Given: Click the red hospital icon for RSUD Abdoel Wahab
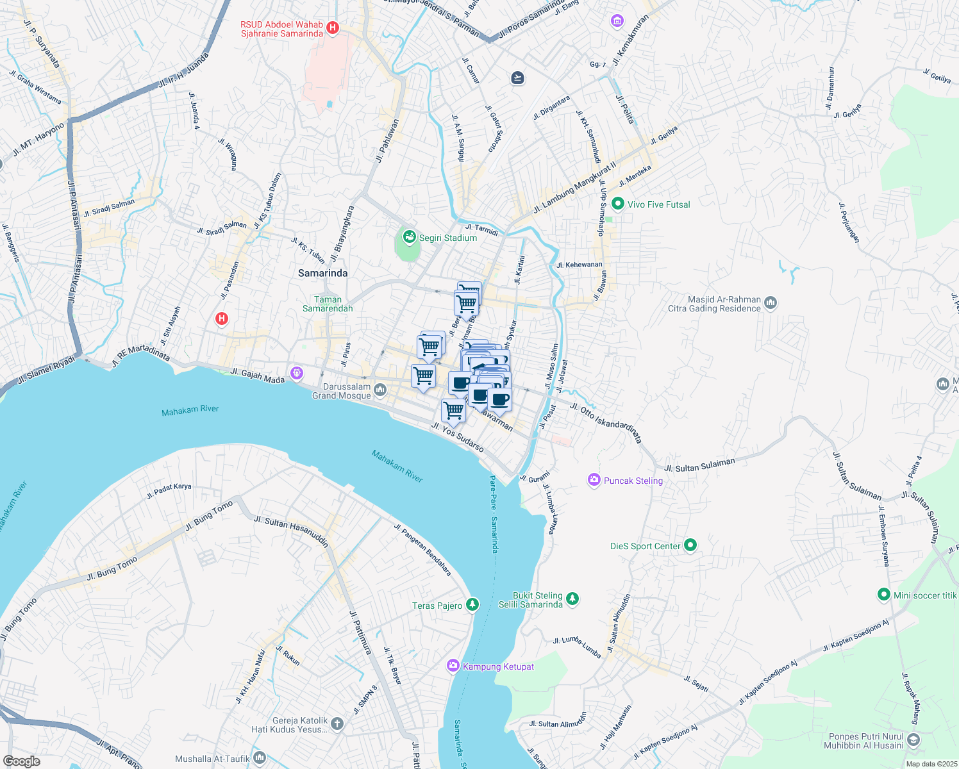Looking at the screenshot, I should coord(332,28).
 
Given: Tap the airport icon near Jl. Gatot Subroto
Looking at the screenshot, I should coord(517,78).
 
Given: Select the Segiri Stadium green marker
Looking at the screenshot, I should coord(409,238).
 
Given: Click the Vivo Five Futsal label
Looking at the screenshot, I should coord(658,204).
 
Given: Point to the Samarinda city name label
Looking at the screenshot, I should coord(323,273).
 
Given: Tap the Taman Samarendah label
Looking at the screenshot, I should coord(328,304).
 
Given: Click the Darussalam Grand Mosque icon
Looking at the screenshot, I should coord(380,390).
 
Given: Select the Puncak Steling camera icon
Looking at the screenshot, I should coord(594,480).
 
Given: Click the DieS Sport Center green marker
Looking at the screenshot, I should coord(690,545).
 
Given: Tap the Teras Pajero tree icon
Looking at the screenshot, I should coord(472,604).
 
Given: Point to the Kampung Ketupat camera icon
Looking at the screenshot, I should coord(453,666).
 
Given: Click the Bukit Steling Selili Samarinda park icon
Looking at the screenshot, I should coord(572,599).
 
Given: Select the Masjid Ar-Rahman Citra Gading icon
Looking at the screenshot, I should coord(771,302).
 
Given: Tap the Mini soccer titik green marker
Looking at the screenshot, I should coord(884,595).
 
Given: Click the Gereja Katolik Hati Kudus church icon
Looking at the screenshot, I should coord(338,724).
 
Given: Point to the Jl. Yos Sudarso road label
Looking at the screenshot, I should coord(457,438).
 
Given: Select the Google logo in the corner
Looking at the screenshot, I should coord(21,761).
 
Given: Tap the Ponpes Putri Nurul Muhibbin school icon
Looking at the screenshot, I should coord(913,740).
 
